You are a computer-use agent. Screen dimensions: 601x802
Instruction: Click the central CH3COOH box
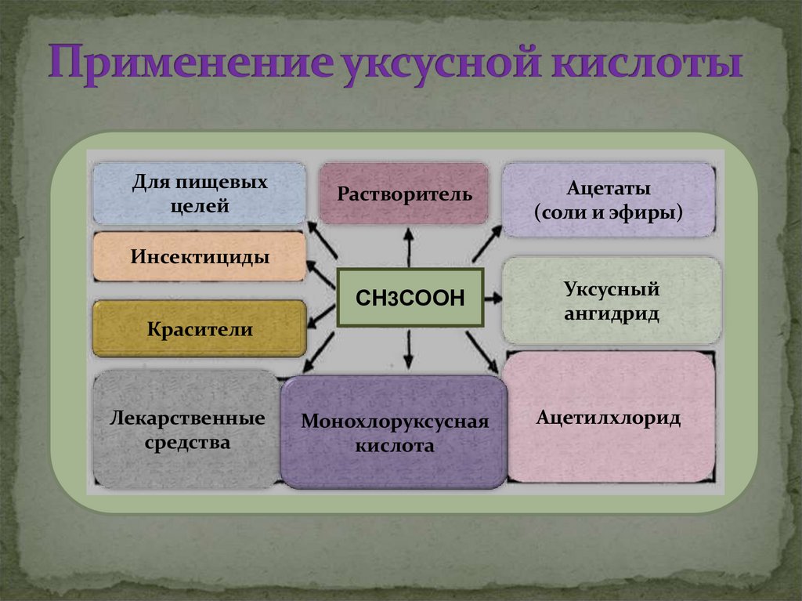[410, 297]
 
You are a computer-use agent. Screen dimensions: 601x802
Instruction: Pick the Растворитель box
[404, 193]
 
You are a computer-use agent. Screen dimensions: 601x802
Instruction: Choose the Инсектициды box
[199, 256]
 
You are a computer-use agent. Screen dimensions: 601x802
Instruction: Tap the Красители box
[199, 329]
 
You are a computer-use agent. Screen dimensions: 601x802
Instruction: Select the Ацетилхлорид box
[609, 417]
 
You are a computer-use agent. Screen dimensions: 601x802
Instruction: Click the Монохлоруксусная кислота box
[394, 433]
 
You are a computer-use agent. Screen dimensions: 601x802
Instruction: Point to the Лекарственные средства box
[186, 430]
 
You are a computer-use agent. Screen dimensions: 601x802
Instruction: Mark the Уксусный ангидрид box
[611, 302]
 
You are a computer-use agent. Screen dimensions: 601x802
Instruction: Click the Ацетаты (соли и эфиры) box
[608, 200]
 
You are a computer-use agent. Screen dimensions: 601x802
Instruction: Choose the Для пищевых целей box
[199, 194]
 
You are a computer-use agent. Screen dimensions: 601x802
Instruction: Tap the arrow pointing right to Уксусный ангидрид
[493, 298]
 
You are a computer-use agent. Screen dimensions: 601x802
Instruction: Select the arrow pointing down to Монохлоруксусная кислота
[408, 349]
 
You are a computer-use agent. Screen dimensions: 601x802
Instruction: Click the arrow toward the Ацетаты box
[486, 244]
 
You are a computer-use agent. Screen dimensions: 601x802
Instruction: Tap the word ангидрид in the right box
[611, 314]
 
